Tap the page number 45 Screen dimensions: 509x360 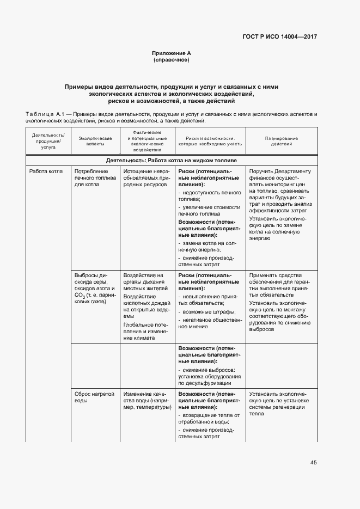click(313, 463)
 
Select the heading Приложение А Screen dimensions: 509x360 click(172, 53)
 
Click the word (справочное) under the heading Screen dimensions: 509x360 click(172, 60)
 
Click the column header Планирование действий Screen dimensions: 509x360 click(282, 142)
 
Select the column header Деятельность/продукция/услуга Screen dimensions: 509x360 click(48, 142)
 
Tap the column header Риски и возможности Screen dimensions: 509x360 click(210, 142)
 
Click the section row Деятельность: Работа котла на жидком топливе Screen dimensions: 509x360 click(172, 161)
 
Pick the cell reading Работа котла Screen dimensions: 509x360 click(46, 171)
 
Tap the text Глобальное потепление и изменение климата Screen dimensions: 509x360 click(144, 330)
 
